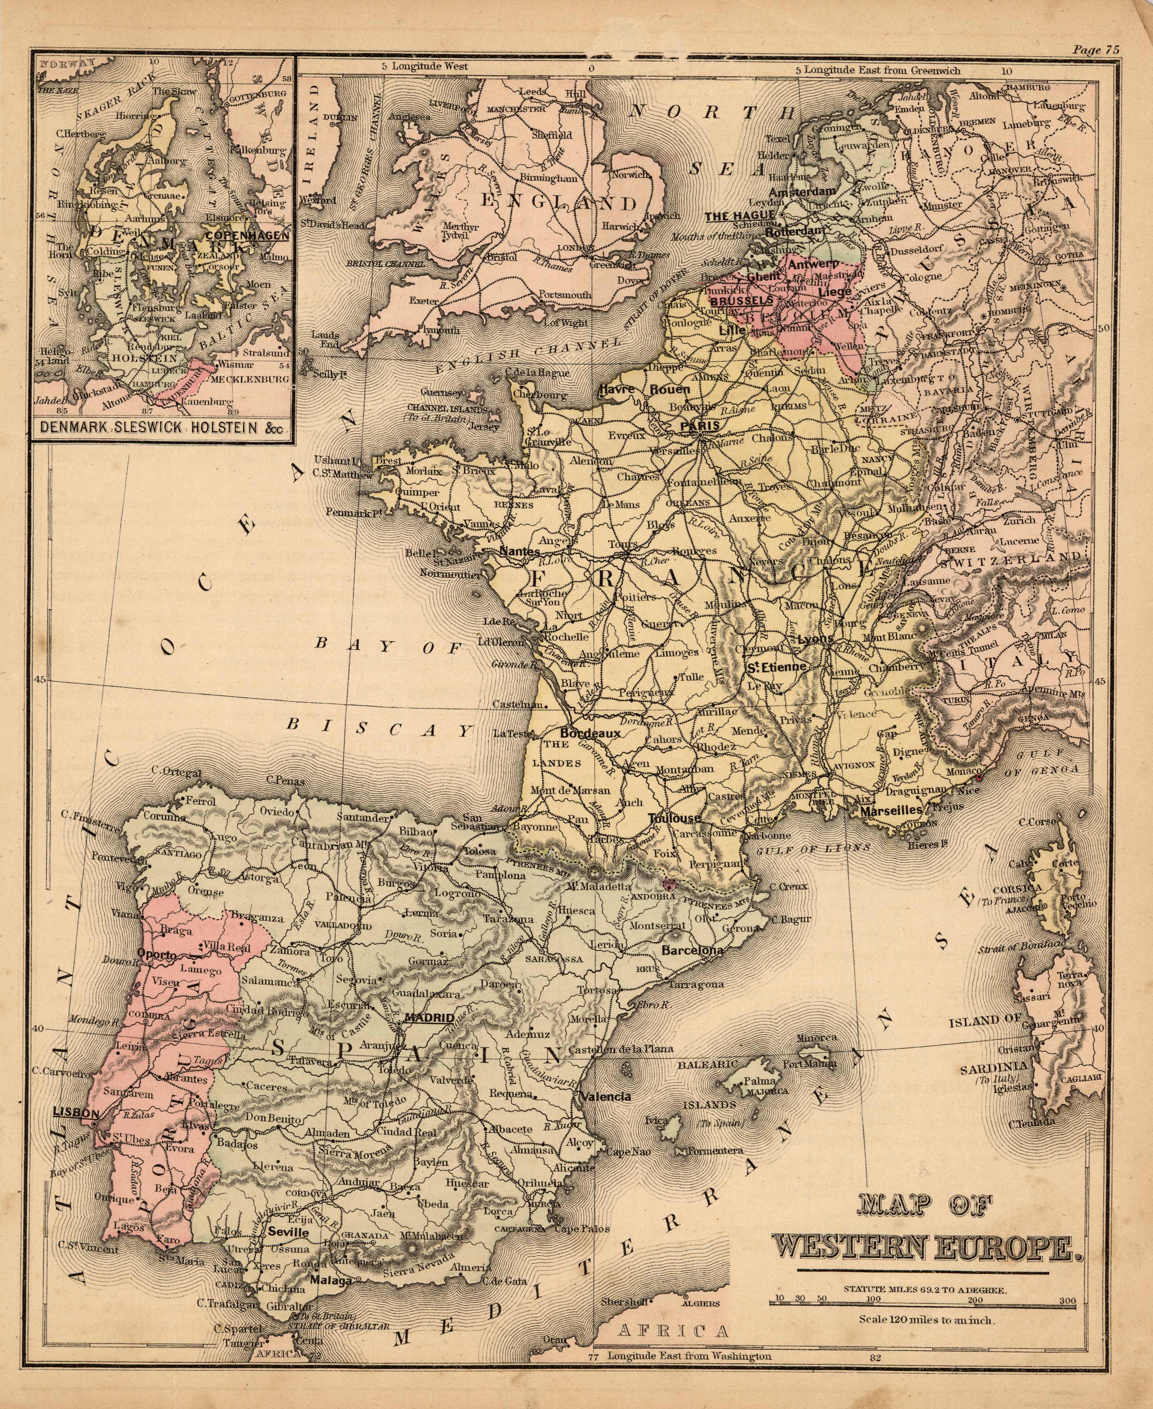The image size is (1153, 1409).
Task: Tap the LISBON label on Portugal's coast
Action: pos(76,1113)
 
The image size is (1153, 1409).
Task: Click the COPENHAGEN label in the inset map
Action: pos(247,235)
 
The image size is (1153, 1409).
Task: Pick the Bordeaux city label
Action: pos(590,733)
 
